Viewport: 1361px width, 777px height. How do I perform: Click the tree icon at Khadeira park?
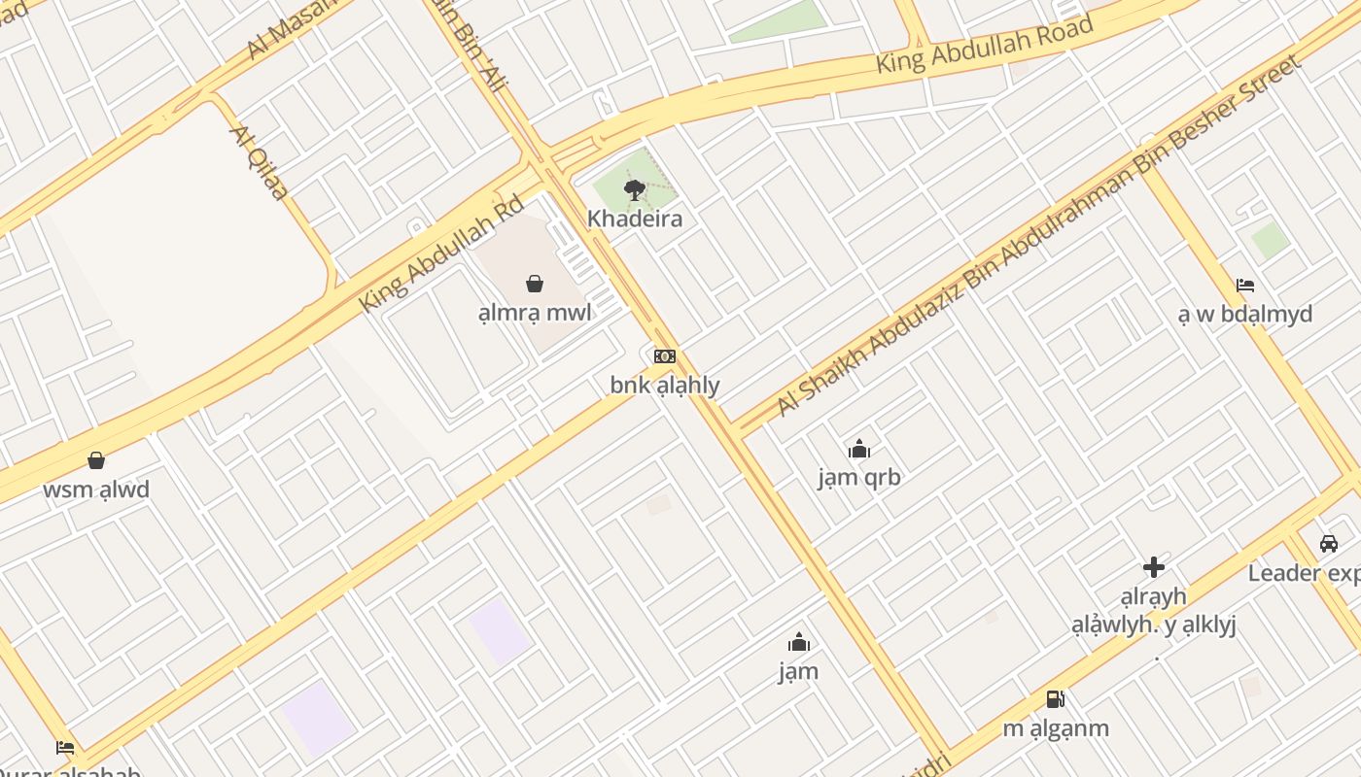point(635,189)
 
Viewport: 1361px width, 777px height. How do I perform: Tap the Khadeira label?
point(635,219)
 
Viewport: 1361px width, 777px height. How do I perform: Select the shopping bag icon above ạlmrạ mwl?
point(535,283)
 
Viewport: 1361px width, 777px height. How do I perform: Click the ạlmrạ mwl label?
point(535,313)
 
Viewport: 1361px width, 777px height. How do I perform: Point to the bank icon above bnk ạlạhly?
point(665,356)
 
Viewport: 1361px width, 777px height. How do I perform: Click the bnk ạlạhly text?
point(665,386)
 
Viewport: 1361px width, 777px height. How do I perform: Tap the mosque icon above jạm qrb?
point(859,449)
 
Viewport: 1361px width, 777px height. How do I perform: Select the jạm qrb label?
point(859,478)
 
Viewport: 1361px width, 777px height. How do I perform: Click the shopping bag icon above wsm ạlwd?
point(96,459)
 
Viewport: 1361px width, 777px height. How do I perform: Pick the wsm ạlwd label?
point(96,490)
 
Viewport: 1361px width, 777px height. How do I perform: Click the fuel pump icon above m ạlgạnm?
point(1055,698)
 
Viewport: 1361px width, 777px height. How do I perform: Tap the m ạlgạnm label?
point(1055,728)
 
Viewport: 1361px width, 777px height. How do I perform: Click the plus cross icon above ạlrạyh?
point(1154,567)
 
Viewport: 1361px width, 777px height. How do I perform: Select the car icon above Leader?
point(1329,544)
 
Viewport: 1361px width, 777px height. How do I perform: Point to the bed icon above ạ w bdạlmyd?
point(1245,285)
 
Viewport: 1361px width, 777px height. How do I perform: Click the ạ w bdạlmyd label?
point(1245,314)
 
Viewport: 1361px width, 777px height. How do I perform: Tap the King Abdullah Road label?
point(985,45)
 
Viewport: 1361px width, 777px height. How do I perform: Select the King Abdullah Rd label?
point(441,254)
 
